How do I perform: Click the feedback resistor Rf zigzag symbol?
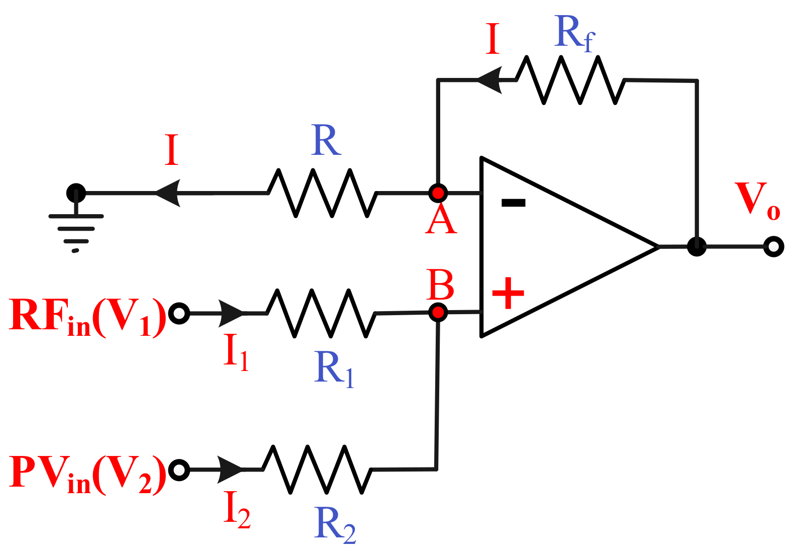[x=570, y=80]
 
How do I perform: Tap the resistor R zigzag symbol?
[x=322, y=193]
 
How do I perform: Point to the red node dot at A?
[x=438, y=193]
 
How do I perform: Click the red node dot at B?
[x=438, y=313]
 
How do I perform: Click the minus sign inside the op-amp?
[x=513, y=203]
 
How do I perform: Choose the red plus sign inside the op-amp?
[x=508, y=293]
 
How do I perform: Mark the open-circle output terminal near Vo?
[x=773, y=247]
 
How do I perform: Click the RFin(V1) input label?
[x=86, y=317]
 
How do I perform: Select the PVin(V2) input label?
[x=86, y=474]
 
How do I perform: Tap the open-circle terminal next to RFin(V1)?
[x=179, y=313]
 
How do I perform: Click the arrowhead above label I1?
[x=231, y=313]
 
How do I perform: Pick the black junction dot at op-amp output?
[x=697, y=246]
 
